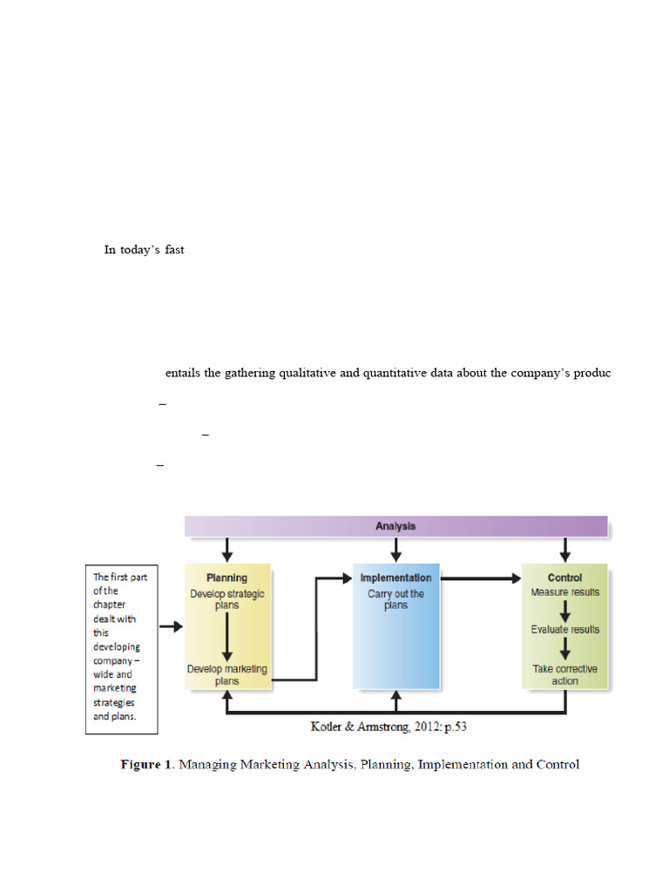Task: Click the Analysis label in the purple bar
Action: (395, 526)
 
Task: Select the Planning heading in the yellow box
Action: (226, 578)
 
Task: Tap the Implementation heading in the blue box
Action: (396, 578)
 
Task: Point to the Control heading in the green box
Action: (564, 578)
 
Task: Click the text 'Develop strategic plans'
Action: (226, 599)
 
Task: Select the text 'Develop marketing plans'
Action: (226, 675)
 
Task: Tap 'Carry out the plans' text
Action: (395, 599)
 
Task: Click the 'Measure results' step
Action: (564, 592)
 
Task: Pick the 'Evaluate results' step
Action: (564, 629)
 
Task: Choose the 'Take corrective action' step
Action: (564, 675)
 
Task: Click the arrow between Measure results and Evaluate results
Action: (564, 611)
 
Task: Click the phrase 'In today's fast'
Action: (144, 250)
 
